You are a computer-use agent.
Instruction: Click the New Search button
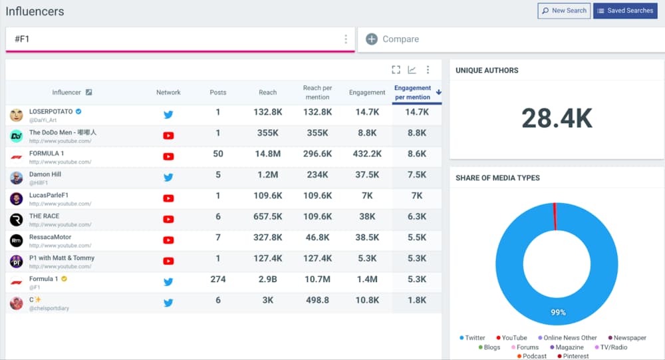(x=564, y=11)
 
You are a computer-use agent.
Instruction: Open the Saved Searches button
(x=625, y=11)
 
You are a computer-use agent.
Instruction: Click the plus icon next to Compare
(x=372, y=39)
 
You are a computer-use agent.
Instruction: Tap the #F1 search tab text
(x=22, y=39)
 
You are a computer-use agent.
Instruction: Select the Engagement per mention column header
(x=412, y=92)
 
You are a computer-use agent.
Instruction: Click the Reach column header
(x=268, y=92)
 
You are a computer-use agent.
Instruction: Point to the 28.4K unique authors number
(x=557, y=118)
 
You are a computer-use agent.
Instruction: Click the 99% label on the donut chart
(x=557, y=312)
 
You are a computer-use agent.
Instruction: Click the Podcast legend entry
(x=533, y=356)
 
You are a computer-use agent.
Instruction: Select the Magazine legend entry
(x=569, y=347)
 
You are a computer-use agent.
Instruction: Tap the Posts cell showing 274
(x=217, y=279)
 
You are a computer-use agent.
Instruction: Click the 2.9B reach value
(x=268, y=279)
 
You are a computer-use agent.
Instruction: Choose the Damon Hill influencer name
(x=45, y=174)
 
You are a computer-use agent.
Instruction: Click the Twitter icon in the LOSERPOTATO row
(x=168, y=114)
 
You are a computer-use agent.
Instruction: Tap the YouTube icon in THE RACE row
(x=168, y=219)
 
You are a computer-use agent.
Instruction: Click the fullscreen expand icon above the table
(x=396, y=70)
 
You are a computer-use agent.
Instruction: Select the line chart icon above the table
(x=412, y=70)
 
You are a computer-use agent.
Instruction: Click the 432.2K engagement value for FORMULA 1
(x=367, y=154)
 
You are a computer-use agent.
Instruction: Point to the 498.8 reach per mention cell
(x=317, y=300)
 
